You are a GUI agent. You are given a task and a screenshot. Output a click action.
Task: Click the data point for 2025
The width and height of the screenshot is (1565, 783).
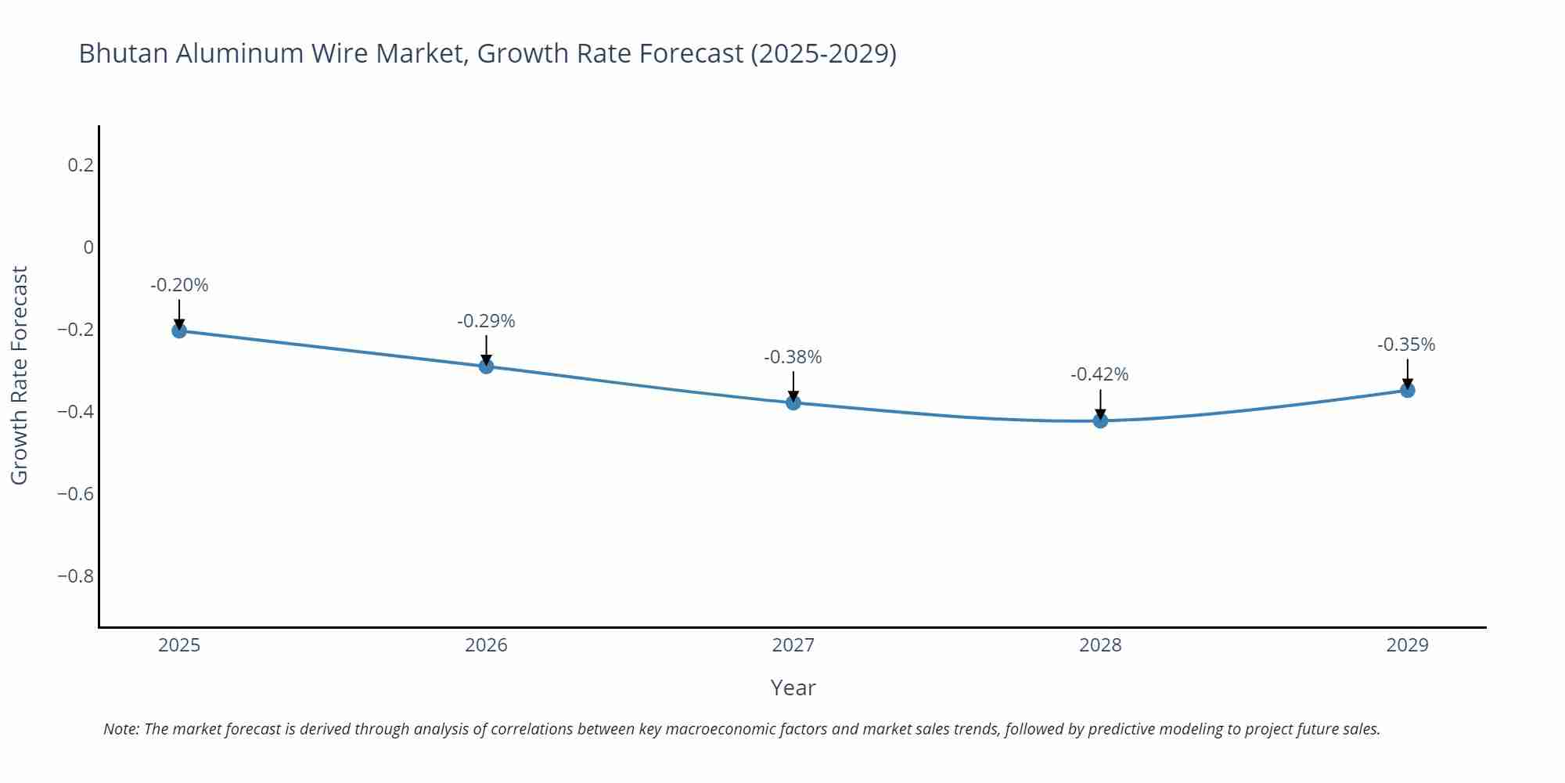(179, 330)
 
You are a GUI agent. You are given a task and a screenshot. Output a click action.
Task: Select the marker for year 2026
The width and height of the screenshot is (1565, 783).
(486, 366)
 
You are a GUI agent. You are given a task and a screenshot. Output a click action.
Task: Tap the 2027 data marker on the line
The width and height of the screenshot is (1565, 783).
(793, 402)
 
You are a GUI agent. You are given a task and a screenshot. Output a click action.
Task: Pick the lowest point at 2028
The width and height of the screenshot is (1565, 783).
(1100, 420)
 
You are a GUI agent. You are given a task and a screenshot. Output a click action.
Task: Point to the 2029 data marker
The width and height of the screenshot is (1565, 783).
(1407, 390)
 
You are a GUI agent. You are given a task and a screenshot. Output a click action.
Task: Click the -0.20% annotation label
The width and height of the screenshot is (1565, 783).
(179, 285)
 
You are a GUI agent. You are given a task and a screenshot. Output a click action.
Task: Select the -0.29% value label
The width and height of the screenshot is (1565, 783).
(486, 321)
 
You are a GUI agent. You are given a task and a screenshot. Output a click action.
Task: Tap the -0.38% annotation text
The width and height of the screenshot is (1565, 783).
(793, 357)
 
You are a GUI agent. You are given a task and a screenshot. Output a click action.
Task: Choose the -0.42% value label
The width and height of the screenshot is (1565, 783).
(1099, 374)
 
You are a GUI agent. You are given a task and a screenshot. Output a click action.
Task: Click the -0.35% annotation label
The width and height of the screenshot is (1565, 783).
(1406, 345)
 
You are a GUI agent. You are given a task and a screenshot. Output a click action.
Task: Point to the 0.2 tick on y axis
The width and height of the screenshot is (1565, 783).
(80, 165)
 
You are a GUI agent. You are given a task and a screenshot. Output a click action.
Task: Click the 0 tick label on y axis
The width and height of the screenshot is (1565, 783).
(88, 247)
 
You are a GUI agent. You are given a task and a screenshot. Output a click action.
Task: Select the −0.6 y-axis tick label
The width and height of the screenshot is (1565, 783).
(75, 494)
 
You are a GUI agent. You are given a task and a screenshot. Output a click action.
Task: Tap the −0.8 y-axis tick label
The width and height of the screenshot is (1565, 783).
(75, 576)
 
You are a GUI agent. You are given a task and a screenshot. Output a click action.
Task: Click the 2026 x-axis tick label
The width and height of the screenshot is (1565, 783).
(486, 645)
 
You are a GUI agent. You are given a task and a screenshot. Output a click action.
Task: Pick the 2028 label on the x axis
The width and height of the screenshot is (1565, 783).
(1100, 645)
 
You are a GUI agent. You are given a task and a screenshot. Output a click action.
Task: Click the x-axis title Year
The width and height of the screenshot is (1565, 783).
(793, 687)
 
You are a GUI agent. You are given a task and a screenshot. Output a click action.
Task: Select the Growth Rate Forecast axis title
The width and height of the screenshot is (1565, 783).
(20, 375)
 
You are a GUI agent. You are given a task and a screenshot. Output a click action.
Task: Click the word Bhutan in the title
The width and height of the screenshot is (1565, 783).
(124, 53)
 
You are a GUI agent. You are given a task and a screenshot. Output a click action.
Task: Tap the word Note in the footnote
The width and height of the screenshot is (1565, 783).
(121, 729)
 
